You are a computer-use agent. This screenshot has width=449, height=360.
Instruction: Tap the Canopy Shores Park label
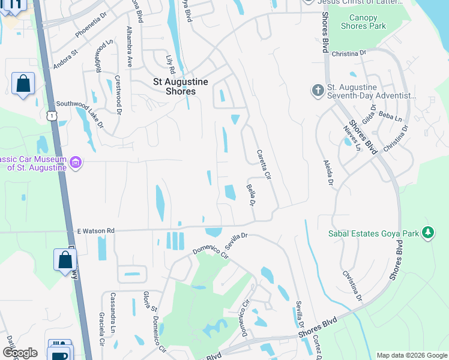pos(363,22)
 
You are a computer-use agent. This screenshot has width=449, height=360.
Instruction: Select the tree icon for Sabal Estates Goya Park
pos(428,232)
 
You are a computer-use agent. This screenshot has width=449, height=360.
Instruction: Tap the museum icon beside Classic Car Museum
pos(76,163)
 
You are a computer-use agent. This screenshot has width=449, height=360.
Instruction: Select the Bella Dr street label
pos(252,194)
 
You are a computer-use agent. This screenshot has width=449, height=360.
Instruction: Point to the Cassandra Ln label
pos(113,306)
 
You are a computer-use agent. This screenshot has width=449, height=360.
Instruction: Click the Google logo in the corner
pos(20,353)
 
